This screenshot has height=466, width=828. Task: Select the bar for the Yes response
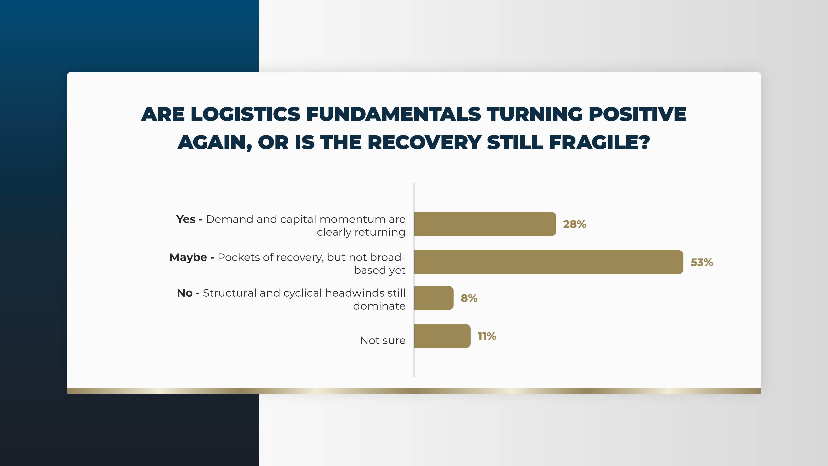click(x=485, y=224)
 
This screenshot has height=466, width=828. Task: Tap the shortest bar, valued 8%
click(x=434, y=298)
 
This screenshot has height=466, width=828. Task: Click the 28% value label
click(x=575, y=224)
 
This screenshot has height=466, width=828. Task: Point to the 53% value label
click(x=702, y=262)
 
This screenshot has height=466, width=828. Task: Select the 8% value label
click(x=469, y=298)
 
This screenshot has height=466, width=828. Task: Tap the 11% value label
click(x=487, y=336)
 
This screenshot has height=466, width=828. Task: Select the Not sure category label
click(x=383, y=340)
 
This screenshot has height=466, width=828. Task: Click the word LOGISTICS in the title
click(x=246, y=114)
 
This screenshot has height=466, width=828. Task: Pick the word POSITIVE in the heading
click(x=637, y=114)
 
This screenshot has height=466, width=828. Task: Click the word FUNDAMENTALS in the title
click(x=394, y=114)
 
